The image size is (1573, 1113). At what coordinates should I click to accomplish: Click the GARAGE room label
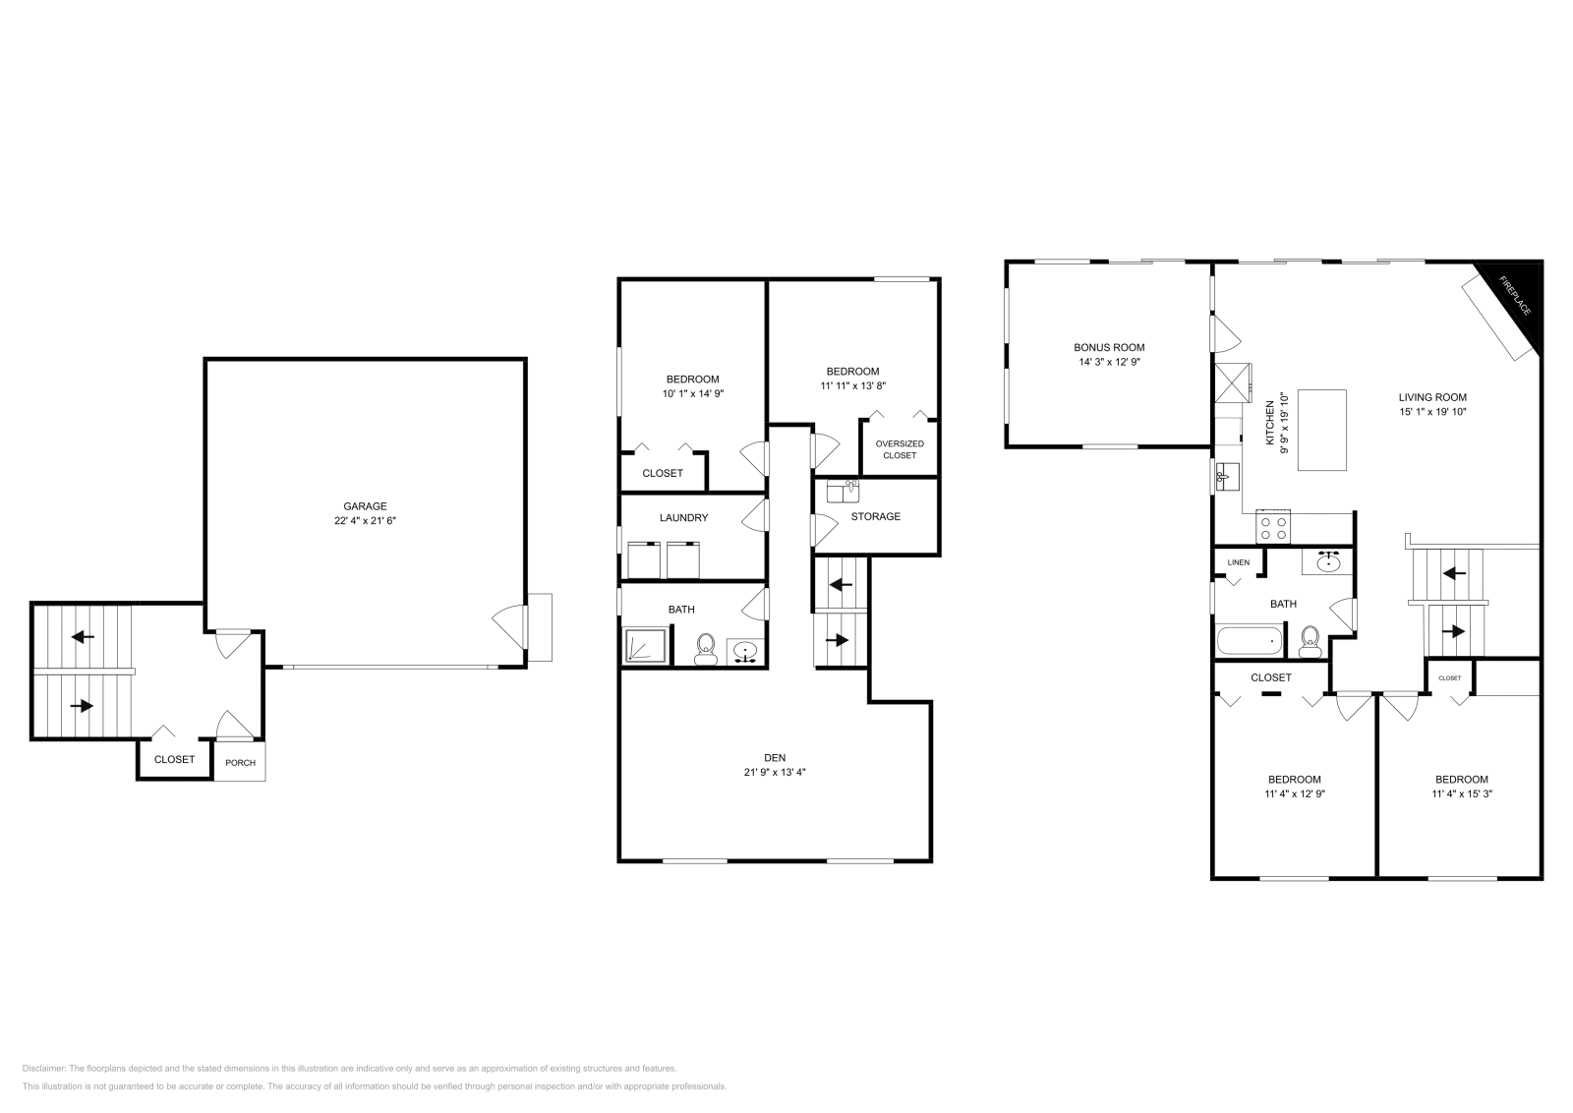click(x=365, y=506)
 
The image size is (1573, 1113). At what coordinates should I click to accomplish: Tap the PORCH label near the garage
click(x=240, y=763)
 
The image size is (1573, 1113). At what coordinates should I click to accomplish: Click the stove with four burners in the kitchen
click(x=1274, y=528)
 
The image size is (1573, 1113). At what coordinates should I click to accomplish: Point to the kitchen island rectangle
click(x=1322, y=430)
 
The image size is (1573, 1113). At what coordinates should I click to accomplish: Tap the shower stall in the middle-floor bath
click(x=646, y=646)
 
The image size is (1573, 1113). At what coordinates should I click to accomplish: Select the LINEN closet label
click(x=1238, y=562)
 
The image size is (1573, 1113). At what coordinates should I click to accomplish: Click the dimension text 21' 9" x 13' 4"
click(x=775, y=773)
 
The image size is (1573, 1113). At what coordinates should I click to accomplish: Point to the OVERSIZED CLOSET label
click(x=900, y=449)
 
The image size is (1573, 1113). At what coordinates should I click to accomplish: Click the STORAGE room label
click(x=875, y=516)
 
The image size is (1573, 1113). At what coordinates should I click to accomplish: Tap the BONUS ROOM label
click(x=1109, y=347)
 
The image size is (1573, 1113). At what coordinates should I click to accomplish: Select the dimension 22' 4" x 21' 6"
click(x=365, y=521)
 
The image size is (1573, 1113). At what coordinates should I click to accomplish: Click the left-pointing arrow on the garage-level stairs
click(x=83, y=636)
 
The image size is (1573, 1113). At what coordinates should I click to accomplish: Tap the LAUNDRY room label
click(x=683, y=517)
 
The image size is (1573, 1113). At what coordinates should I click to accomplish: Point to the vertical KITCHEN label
click(x=1269, y=418)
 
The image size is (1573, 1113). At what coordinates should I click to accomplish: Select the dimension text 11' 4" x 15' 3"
click(x=1461, y=793)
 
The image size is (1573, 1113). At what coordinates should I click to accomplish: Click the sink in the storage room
click(x=843, y=491)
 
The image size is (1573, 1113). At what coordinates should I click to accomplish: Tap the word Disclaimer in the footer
click(x=43, y=1068)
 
